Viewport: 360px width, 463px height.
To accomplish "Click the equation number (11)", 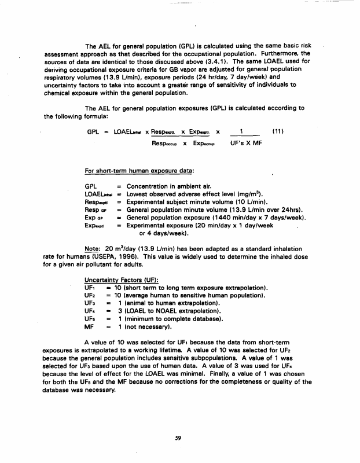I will (279, 132).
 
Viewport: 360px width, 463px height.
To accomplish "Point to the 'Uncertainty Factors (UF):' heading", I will (117, 279).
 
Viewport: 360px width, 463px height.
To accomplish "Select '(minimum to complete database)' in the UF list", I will (168, 317).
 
